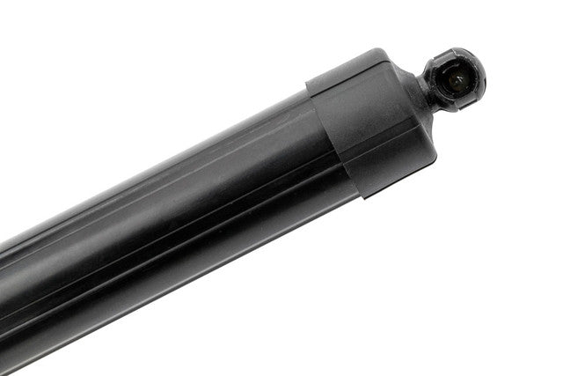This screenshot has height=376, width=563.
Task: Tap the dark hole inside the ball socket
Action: click(457, 78)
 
